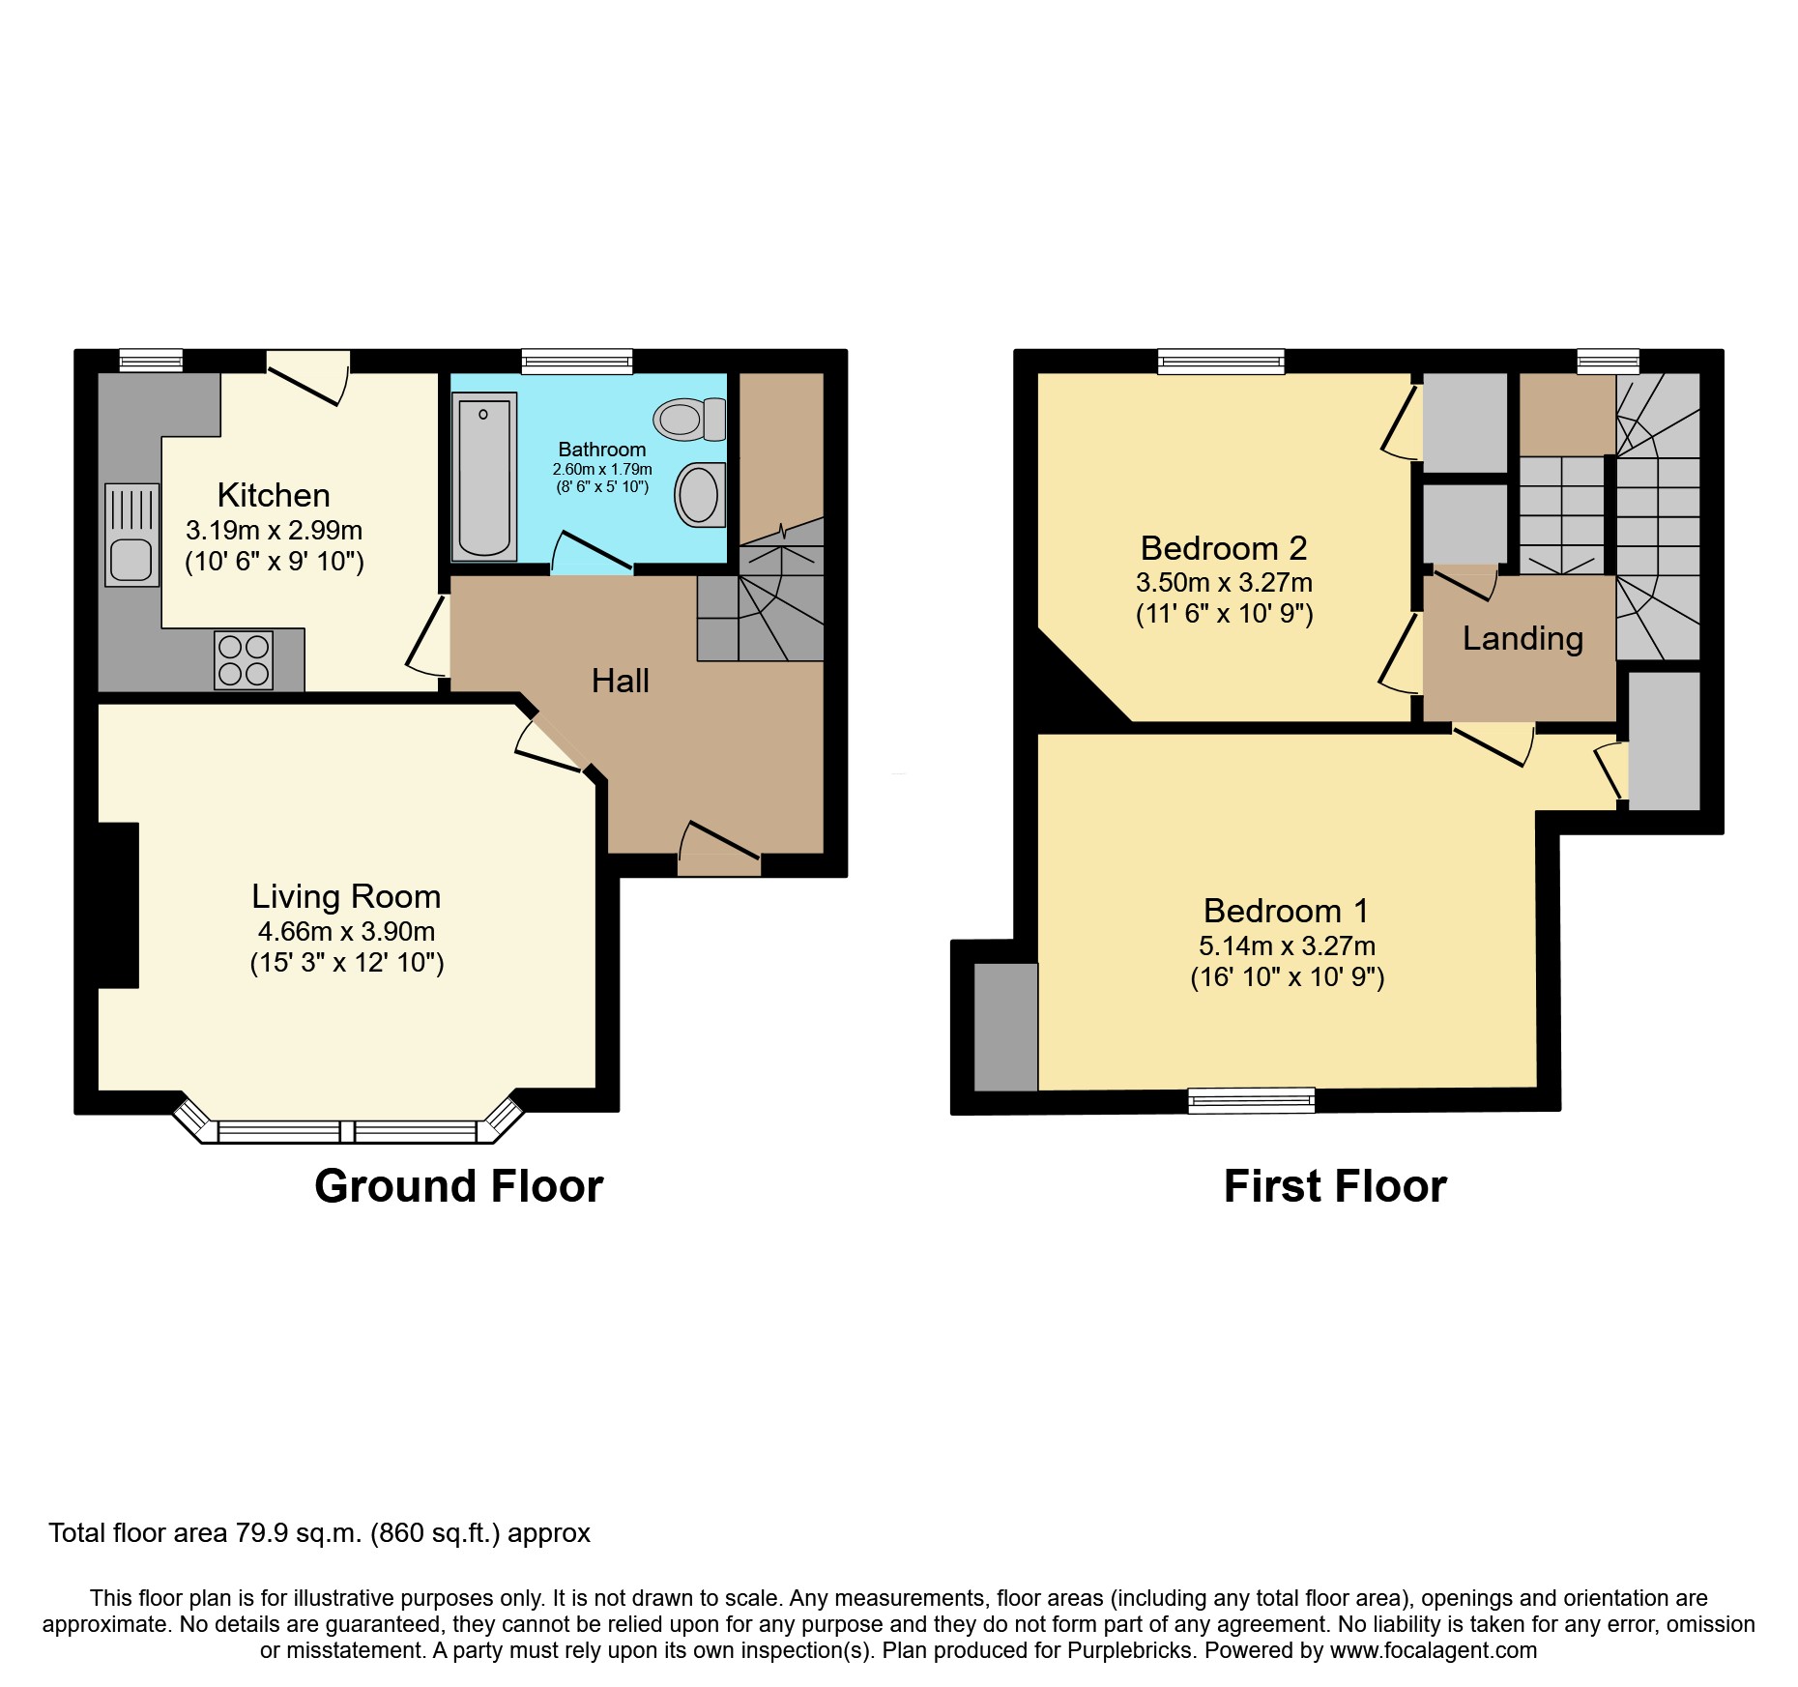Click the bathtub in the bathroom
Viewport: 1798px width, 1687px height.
coord(483,476)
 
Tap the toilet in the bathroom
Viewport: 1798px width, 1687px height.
coord(688,419)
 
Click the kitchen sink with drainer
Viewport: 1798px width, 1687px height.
coord(131,534)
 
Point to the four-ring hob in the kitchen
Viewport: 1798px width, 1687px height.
coord(244,660)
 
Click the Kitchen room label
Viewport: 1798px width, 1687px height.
coord(274,495)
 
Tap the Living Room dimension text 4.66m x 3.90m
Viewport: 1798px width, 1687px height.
coord(346,931)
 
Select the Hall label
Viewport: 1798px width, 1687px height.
coord(620,681)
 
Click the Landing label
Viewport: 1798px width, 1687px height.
coord(1522,638)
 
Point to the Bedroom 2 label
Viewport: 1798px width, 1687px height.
coord(1223,548)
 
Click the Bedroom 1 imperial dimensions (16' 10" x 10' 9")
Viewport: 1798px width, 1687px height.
coord(1287,977)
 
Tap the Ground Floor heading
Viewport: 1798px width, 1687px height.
coord(458,1186)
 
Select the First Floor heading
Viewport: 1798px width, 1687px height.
coord(1334,1186)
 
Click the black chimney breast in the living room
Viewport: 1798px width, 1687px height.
coord(118,905)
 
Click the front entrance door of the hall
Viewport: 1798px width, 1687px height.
coord(719,850)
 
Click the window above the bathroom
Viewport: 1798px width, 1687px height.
coord(576,362)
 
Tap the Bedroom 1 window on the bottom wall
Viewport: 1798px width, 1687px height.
coord(1251,1100)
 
